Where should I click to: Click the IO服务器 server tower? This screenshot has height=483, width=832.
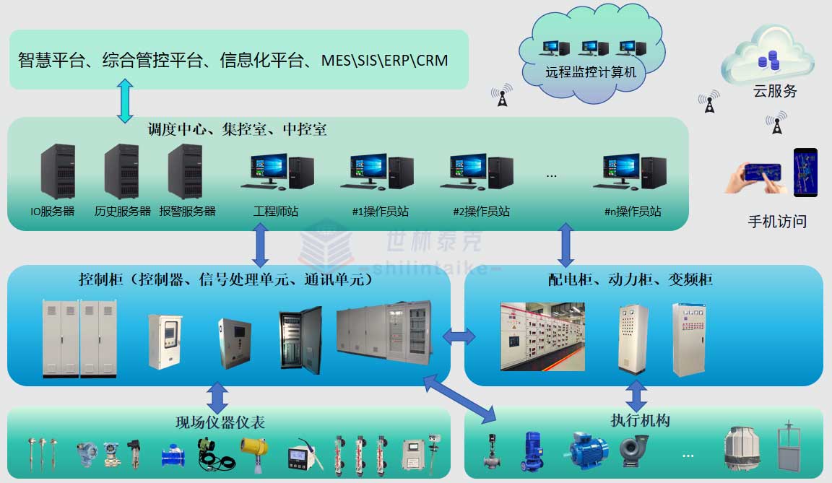58,172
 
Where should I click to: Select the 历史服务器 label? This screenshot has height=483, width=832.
123,212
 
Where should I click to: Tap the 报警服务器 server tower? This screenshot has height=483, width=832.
185,172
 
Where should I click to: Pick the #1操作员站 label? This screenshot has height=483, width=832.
380,212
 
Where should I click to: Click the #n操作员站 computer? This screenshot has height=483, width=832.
633,173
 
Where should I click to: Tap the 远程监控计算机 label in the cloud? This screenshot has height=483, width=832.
591,72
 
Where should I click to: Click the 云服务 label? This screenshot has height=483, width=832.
775,92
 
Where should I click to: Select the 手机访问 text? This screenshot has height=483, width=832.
777,222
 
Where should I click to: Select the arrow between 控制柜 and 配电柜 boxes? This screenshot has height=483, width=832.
459,336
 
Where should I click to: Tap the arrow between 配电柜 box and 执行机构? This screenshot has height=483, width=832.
636,396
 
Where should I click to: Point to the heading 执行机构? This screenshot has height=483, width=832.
640,420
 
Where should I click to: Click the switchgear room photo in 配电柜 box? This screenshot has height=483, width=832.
542,336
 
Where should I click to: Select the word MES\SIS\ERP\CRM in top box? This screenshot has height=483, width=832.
385,60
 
